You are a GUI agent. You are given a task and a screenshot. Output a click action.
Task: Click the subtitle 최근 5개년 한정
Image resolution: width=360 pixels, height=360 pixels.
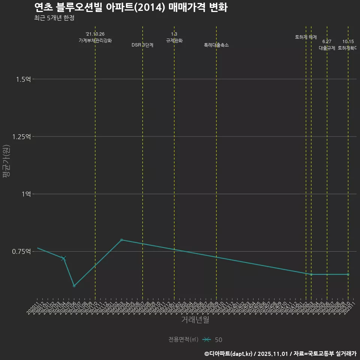tap(54, 18)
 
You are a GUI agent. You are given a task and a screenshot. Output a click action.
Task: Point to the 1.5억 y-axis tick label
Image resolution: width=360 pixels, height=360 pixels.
tap(23, 79)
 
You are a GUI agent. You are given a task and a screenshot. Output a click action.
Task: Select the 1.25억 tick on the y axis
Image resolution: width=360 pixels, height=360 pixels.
tap(21, 136)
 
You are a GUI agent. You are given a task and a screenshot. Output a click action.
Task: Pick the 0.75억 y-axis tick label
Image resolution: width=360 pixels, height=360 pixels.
tap(21, 251)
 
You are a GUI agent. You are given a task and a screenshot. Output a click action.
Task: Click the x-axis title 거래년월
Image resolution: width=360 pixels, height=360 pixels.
tap(195, 320)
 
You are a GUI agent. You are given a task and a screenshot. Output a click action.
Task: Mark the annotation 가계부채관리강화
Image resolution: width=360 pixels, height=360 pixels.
tap(95, 40)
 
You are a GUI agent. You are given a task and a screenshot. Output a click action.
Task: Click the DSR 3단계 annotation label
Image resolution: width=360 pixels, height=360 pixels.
tap(142, 45)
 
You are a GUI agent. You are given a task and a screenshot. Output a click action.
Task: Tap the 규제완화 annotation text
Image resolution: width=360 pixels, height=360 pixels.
tap(174, 40)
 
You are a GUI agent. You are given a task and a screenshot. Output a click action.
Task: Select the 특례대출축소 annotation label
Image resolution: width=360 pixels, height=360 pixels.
tap(216, 45)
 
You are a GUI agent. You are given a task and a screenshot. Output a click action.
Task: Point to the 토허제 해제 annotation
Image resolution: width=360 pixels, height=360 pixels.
tap(306, 37)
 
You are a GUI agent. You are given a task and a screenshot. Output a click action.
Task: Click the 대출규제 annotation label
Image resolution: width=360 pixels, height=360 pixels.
tap(327, 48)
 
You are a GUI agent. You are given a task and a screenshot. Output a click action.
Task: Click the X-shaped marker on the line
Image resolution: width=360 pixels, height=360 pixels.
tap(63, 258)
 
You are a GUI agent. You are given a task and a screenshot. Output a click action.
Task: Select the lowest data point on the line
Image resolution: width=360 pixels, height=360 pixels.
tap(74, 286)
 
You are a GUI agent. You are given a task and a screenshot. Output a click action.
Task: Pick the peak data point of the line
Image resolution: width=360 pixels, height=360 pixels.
tap(121, 240)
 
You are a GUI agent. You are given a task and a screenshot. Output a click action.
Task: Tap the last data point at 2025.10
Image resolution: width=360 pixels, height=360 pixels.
tap(348, 274)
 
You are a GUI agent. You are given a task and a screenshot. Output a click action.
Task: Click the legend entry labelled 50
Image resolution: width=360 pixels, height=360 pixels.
tap(218, 340)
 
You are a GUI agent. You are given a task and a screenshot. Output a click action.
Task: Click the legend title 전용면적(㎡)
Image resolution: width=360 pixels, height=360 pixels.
tap(183, 339)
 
